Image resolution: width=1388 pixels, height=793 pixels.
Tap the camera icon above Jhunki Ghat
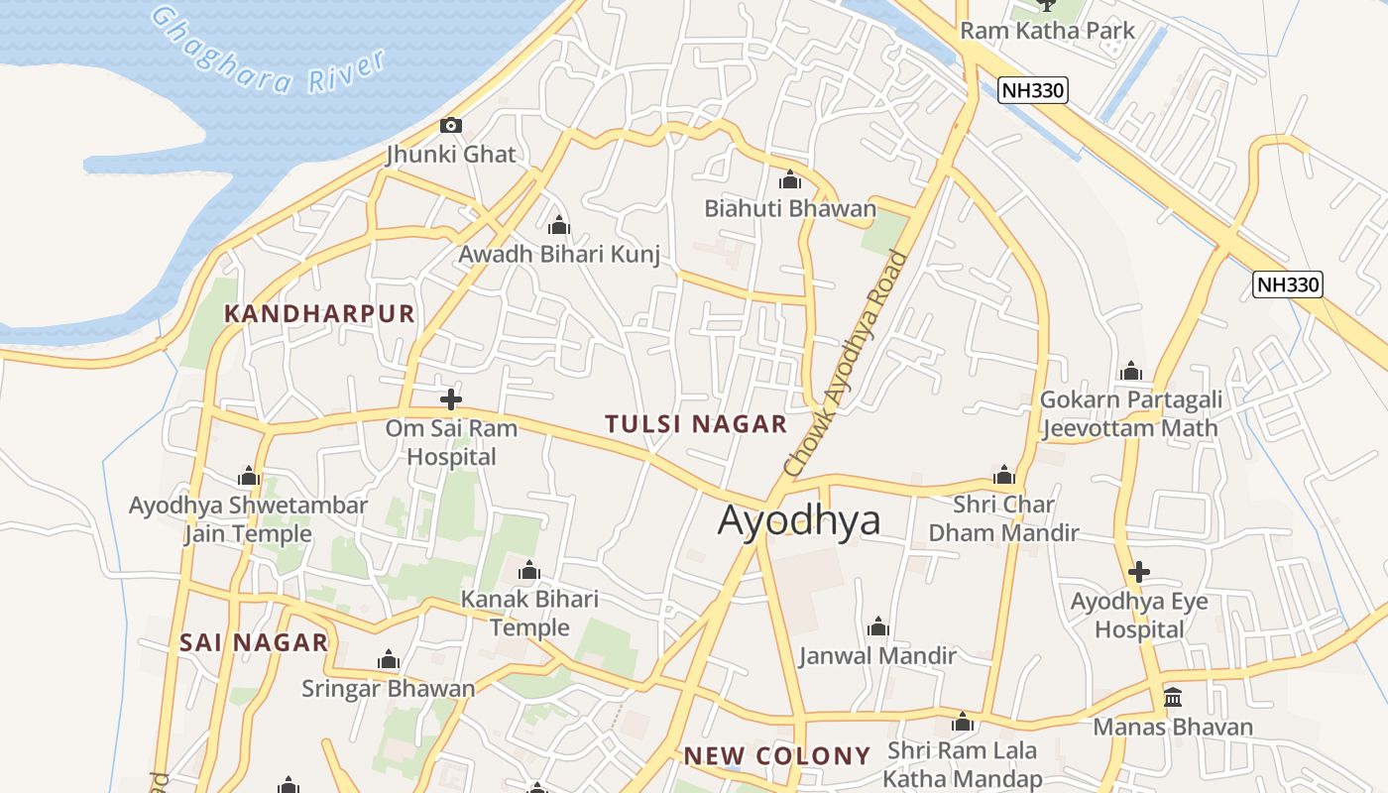tap(451, 125)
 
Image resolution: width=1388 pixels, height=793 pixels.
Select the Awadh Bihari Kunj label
tap(559, 254)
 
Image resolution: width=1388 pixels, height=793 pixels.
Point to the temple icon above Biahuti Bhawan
tap(790, 180)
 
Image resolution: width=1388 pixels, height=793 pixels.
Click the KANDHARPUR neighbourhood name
tap(319, 314)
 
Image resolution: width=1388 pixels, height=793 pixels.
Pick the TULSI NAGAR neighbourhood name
tap(696, 424)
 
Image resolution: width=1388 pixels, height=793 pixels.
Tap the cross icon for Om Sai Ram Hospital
tap(451, 399)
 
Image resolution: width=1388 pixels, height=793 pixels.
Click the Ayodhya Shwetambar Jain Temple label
tap(248, 519)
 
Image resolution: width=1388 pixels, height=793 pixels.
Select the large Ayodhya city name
tap(798, 519)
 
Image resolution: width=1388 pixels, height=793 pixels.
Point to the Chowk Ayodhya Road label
tap(845, 363)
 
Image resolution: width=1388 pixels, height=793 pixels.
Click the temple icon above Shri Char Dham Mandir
tap(1004, 476)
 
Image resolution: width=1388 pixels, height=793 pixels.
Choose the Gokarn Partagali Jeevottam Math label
tap(1129, 414)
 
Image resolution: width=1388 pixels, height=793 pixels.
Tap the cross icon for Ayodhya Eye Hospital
tap(1139, 572)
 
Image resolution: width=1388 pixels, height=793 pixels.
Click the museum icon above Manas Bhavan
tap(1173, 698)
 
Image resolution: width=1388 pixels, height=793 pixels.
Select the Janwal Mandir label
tap(877, 655)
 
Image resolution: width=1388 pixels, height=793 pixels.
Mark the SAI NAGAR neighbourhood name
tap(254, 642)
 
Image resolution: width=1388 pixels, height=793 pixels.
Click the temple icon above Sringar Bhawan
tap(389, 660)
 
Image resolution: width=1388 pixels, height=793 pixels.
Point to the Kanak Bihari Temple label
tap(529, 614)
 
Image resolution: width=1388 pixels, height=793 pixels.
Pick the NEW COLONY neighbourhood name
tap(777, 756)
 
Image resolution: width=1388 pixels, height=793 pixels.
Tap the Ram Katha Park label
tap(1047, 31)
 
